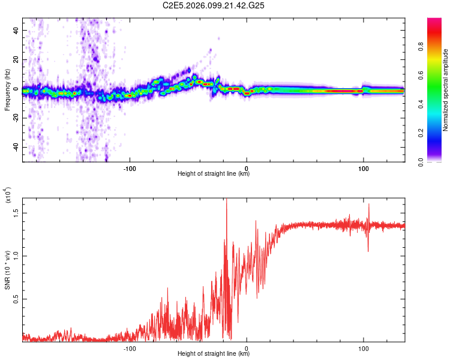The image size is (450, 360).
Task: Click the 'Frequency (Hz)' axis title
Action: point(7,89)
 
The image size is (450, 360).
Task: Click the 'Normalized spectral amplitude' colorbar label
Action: point(446,90)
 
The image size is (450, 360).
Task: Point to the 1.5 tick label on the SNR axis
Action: point(16,212)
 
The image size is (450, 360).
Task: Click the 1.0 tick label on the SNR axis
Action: point(16,255)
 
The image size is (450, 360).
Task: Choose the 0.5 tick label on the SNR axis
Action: point(16,298)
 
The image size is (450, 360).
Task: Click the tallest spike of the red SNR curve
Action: point(226,200)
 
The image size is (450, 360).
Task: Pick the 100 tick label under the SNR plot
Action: point(364,347)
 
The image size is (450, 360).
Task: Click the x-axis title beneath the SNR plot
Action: point(214,353)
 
